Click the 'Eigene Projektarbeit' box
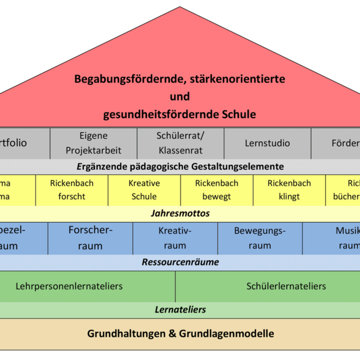pyautogui.click(x=93, y=143)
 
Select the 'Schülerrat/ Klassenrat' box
pyautogui.click(x=180, y=143)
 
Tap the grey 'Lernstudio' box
pyautogui.click(x=267, y=143)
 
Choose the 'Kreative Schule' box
pyautogui.click(x=144, y=190)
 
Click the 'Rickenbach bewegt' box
pyautogui.click(x=217, y=190)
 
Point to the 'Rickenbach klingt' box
pyautogui.click(x=289, y=190)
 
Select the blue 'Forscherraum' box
pyautogui.click(x=90, y=238)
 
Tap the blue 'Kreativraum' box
pyautogui.click(x=175, y=238)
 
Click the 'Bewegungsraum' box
pyautogui.click(x=260, y=238)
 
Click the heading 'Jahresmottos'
pyautogui.click(x=180, y=214)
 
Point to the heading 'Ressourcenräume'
pyautogui.click(x=180, y=262)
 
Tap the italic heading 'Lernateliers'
pyautogui.click(x=180, y=310)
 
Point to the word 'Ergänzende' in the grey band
pyautogui.click(x=97, y=166)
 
